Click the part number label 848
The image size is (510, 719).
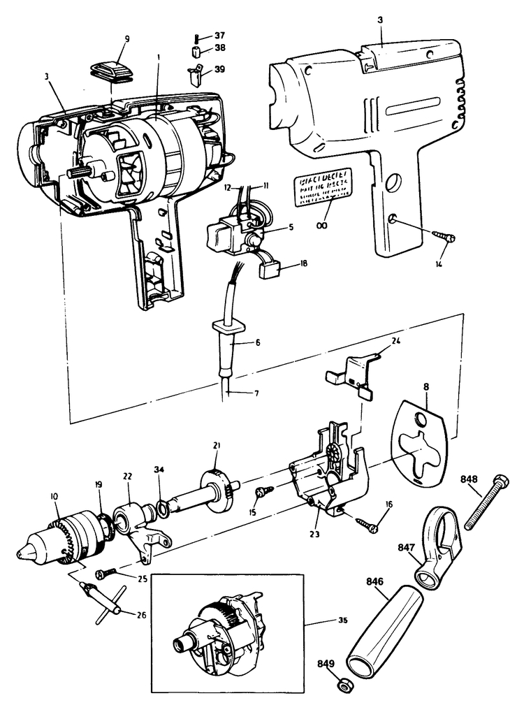coord(469,480)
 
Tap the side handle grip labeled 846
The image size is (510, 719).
coord(383,625)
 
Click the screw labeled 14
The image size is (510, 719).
coord(444,238)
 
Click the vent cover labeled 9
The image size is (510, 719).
coord(112,73)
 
